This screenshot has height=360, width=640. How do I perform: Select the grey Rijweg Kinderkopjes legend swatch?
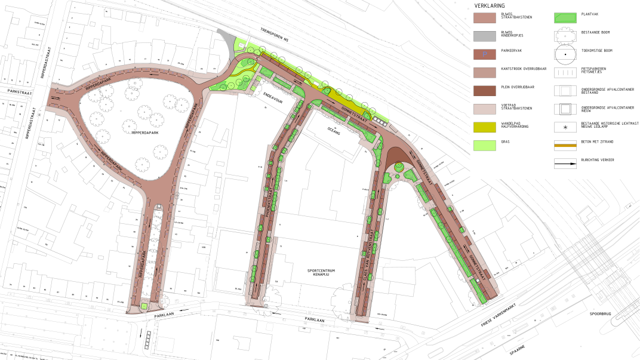(x=485, y=36)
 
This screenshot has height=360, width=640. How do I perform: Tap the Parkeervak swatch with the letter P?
(x=485, y=54)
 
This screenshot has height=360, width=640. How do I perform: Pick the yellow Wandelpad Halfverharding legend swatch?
(x=485, y=127)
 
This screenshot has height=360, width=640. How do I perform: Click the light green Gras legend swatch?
(x=485, y=144)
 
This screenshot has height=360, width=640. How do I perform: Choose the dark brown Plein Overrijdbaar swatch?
(x=485, y=90)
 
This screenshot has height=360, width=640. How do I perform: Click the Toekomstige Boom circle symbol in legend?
(x=565, y=54)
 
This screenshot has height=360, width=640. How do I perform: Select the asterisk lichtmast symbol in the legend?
(x=565, y=127)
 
